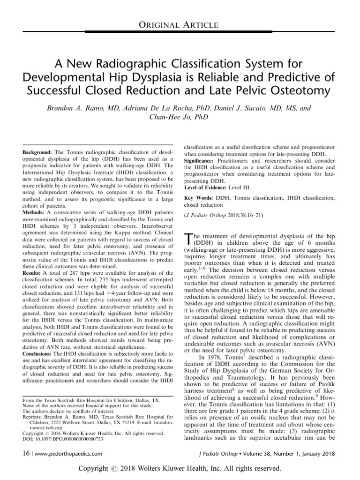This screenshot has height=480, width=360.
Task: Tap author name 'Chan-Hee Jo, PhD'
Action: point(180,118)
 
